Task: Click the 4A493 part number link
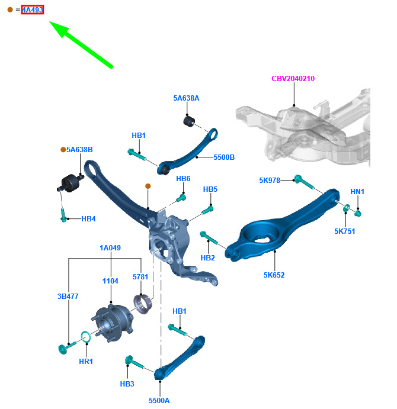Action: pyautogui.click(x=33, y=10)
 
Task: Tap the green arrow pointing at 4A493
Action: pyautogui.click(x=81, y=44)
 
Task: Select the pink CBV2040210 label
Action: pyautogui.click(x=293, y=79)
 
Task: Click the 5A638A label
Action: pyautogui.click(x=186, y=98)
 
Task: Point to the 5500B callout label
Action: pyautogui.click(x=224, y=157)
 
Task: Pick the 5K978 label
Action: pyautogui.click(x=270, y=181)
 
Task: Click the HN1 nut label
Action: pyautogui.click(x=357, y=191)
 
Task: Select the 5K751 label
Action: pyautogui.click(x=345, y=231)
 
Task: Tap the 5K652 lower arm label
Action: pyautogui.click(x=274, y=275)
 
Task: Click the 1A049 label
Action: pyautogui.click(x=110, y=248)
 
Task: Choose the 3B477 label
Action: pyautogui.click(x=68, y=297)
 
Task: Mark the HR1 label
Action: pyautogui.click(x=86, y=362)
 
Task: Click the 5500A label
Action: pyautogui.click(x=159, y=400)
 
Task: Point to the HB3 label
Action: pyautogui.click(x=127, y=384)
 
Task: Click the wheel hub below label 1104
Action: pyautogui.click(x=113, y=323)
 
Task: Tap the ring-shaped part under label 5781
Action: pyautogui.click(x=143, y=304)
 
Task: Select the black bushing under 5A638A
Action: pyautogui.click(x=189, y=121)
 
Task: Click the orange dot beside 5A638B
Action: pyautogui.click(x=63, y=150)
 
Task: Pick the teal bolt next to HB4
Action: pyautogui.click(x=63, y=215)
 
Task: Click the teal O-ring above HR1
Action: pyautogui.click(x=85, y=337)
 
